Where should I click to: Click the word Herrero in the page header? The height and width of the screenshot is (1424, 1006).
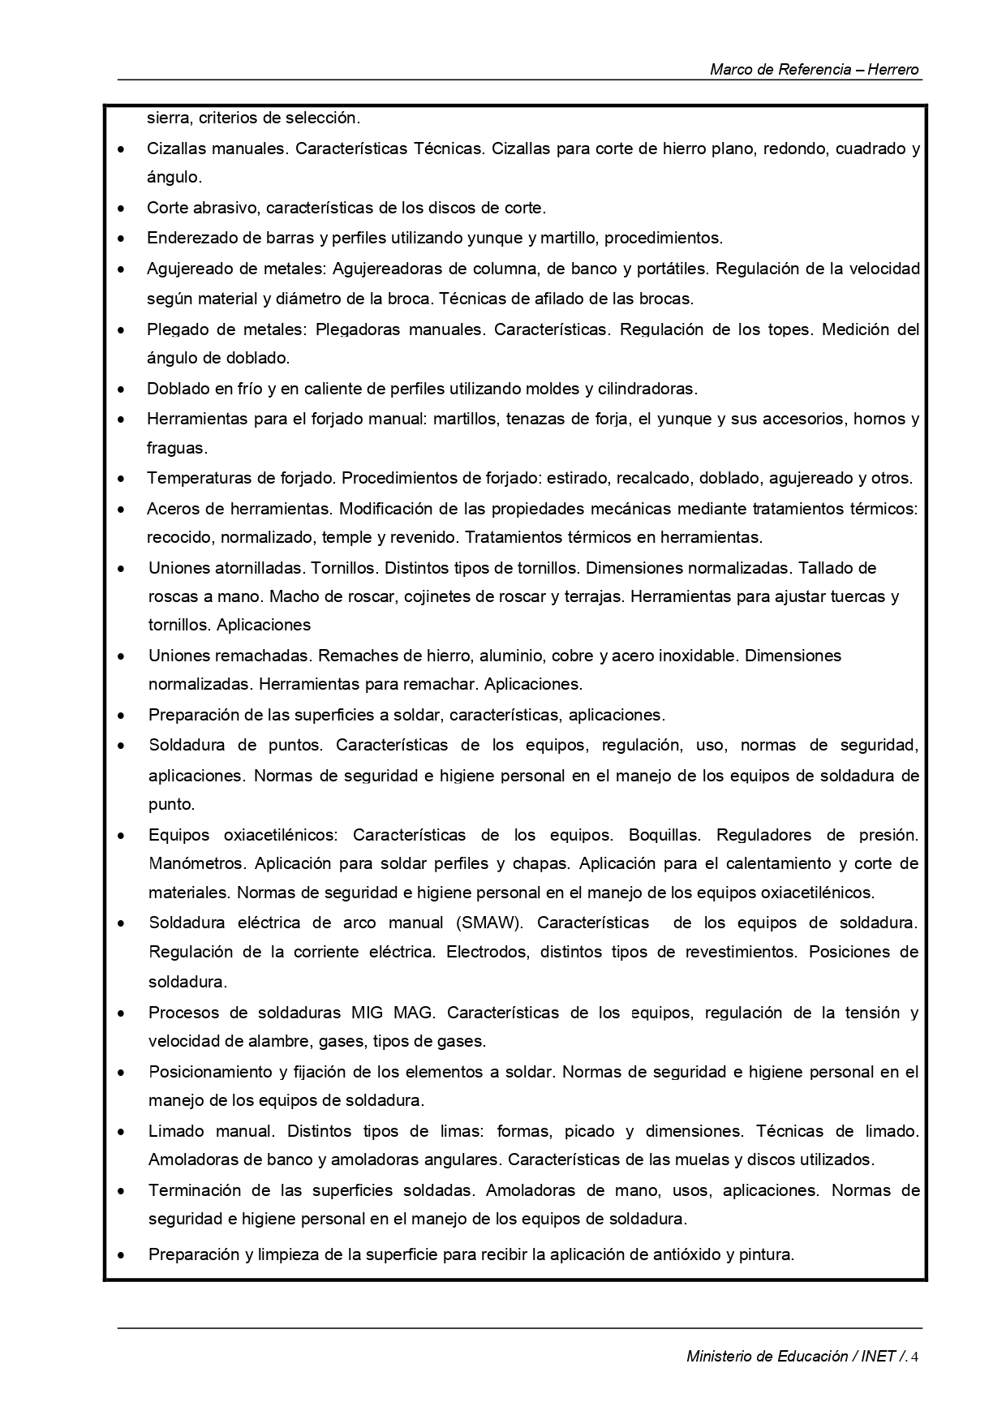(x=893, y=70)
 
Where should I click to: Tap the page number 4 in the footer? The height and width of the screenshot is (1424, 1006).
(x=915, y=1357)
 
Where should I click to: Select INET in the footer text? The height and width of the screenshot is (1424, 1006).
(x=879, y=1357)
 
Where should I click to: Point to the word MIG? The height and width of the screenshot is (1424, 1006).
(x=368, y=1013)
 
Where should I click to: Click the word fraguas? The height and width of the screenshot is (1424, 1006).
(x=176, y=448)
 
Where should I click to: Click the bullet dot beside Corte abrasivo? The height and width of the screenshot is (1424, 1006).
(x=121, y=209)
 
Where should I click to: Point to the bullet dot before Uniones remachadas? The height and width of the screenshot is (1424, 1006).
(x=121, y=656)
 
